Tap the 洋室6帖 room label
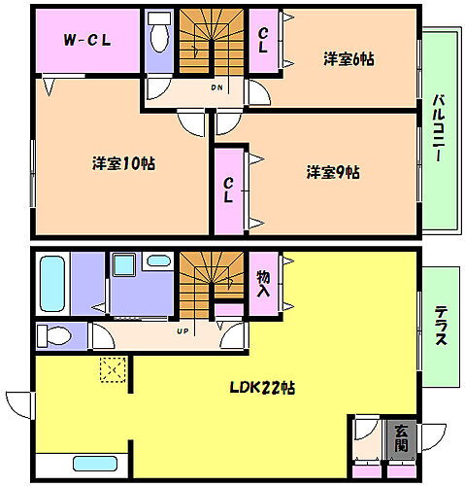[x=349, y=59]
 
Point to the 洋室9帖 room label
[x=333, y=173]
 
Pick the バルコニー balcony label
[x=439, y=128]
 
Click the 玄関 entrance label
[x=401, y=438]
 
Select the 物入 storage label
[x=263, y=284]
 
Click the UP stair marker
[x=182, y=331]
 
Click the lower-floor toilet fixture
[x=55, y=336]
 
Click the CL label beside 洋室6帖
[x=263, y=40]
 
